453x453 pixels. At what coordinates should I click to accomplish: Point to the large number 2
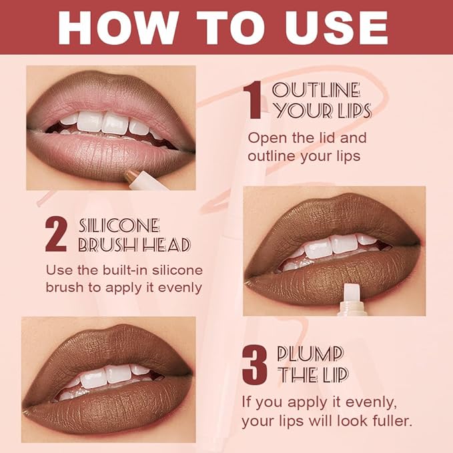[x=56, y=234]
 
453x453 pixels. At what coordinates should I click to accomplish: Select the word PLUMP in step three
[x=310, y=354]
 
